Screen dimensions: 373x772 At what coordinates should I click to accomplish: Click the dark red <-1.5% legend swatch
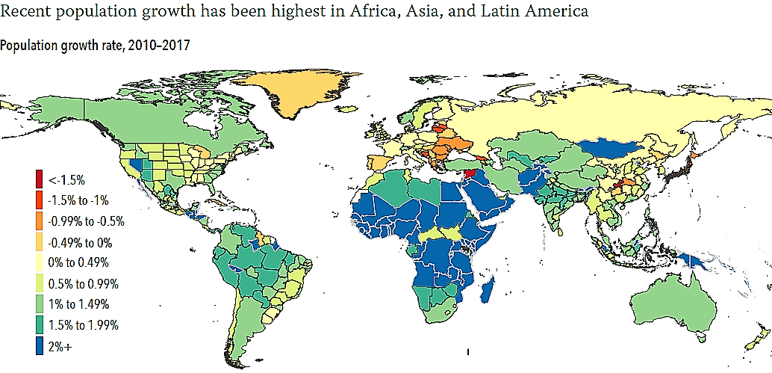pos(37,179)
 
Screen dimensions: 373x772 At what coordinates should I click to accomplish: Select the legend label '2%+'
pos(60,346)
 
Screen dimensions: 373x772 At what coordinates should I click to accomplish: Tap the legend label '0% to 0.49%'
pos(78,262)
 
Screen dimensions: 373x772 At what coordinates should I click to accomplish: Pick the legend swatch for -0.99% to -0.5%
pos(37,221)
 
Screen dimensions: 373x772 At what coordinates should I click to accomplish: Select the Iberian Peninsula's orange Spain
pos(380,163)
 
